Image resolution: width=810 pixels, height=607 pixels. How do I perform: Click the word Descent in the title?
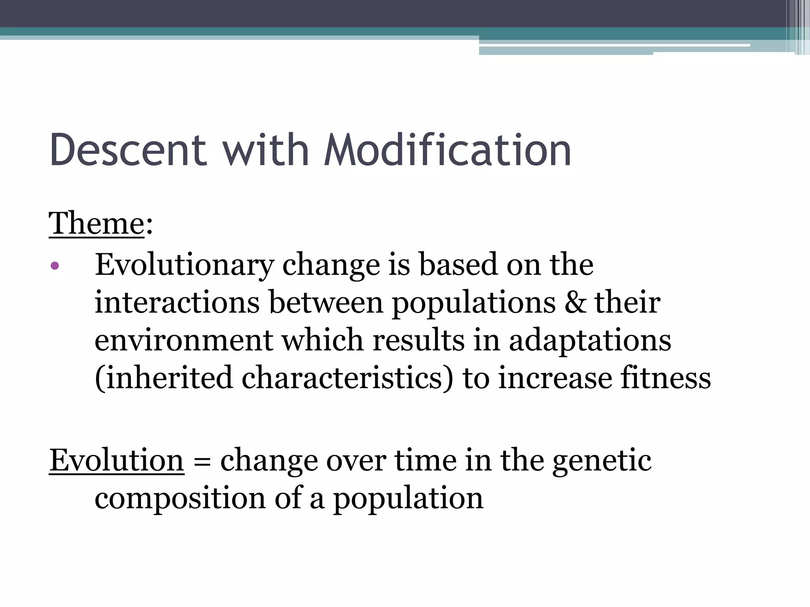pyautogui.click(x=128, y=150)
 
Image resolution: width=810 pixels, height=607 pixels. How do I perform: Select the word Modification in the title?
pyautogui.click(x=447, y=150)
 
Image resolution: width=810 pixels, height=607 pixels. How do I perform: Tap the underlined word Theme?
pyautogui.click(x=97, y=224)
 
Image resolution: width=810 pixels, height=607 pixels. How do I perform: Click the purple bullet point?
pyautogui.click(x=55, y=266)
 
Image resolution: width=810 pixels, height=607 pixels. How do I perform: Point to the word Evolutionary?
pyautogui.click(x=184, y=265)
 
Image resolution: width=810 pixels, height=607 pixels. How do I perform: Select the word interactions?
pyautogui.click(x=177, y=303)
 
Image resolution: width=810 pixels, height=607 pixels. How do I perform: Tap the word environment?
pyautogui.click(x=184, y=341)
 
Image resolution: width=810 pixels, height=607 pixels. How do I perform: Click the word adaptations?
pyautogui.click(x=590, y=341)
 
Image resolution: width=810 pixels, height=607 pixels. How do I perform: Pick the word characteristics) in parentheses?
pyautogui.click(x=347, y=378)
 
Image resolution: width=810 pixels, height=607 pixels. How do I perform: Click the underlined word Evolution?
pyautogui.click(x=117, y=461)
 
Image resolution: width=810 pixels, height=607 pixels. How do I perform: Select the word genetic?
pyautogui.click(x=602, y=461)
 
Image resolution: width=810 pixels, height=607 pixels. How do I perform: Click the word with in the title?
pyautogui.click(x=265, y=150)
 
